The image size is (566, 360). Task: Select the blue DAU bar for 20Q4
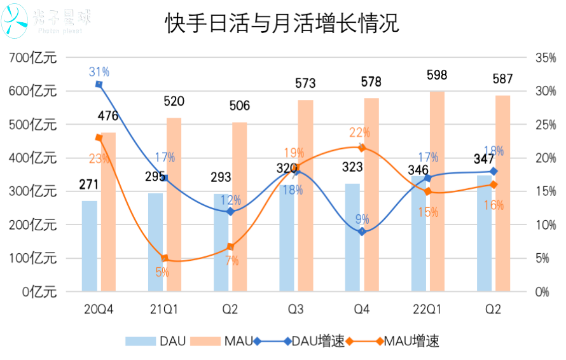[90, 246]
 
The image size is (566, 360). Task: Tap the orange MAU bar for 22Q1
[437, 191]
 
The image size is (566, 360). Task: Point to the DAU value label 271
[90, 184]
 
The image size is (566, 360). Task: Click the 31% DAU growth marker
[99, 84]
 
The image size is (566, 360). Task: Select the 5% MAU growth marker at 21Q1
[165, 258]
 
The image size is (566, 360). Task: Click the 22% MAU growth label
[359, 132]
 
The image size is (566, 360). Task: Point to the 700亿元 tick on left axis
[34, 58]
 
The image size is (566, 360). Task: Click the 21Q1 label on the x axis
[164, 309]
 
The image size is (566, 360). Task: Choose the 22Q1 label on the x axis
[427, 309]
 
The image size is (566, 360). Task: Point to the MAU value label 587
[502, 80]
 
